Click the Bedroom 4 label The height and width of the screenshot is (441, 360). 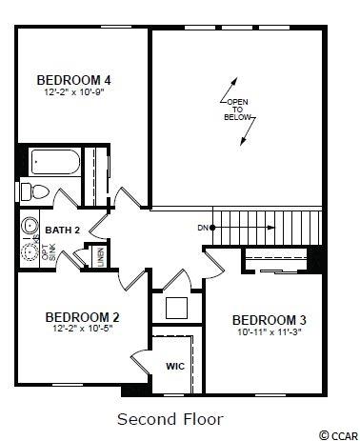(x=73, y=80)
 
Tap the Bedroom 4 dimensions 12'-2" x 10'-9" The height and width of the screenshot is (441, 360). (x=74, y=92)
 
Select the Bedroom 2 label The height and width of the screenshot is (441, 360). (x=82, y=317)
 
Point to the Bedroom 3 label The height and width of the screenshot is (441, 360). (x=270, y=320)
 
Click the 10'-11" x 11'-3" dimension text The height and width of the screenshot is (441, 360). (x=270, y=332)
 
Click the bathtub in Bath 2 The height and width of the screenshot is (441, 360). (x=55, y=162)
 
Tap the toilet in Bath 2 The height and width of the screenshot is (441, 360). (x=35, y=191)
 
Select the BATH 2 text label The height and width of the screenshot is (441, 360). (x=63, y=231)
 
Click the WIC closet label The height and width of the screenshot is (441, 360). (x=175, y=367)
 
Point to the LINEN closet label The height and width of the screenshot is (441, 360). (x=101, y=257)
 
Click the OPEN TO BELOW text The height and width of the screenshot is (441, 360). (x=237, y=110)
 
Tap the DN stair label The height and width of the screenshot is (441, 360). (x=203, y=228)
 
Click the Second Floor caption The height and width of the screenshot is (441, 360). (x=170, y=419)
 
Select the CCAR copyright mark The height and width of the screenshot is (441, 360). (x=338, y=434)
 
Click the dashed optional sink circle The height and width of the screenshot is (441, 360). (x=30, y=252)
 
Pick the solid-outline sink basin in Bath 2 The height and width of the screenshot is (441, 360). (x=30, y=226)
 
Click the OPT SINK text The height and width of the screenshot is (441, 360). (x=50, y=252)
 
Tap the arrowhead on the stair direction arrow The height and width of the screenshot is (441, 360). (x=271, y=228)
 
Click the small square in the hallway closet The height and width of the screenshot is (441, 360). (x=176, y=308)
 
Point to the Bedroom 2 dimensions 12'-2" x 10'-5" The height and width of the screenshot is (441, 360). (x=83, y=329)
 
